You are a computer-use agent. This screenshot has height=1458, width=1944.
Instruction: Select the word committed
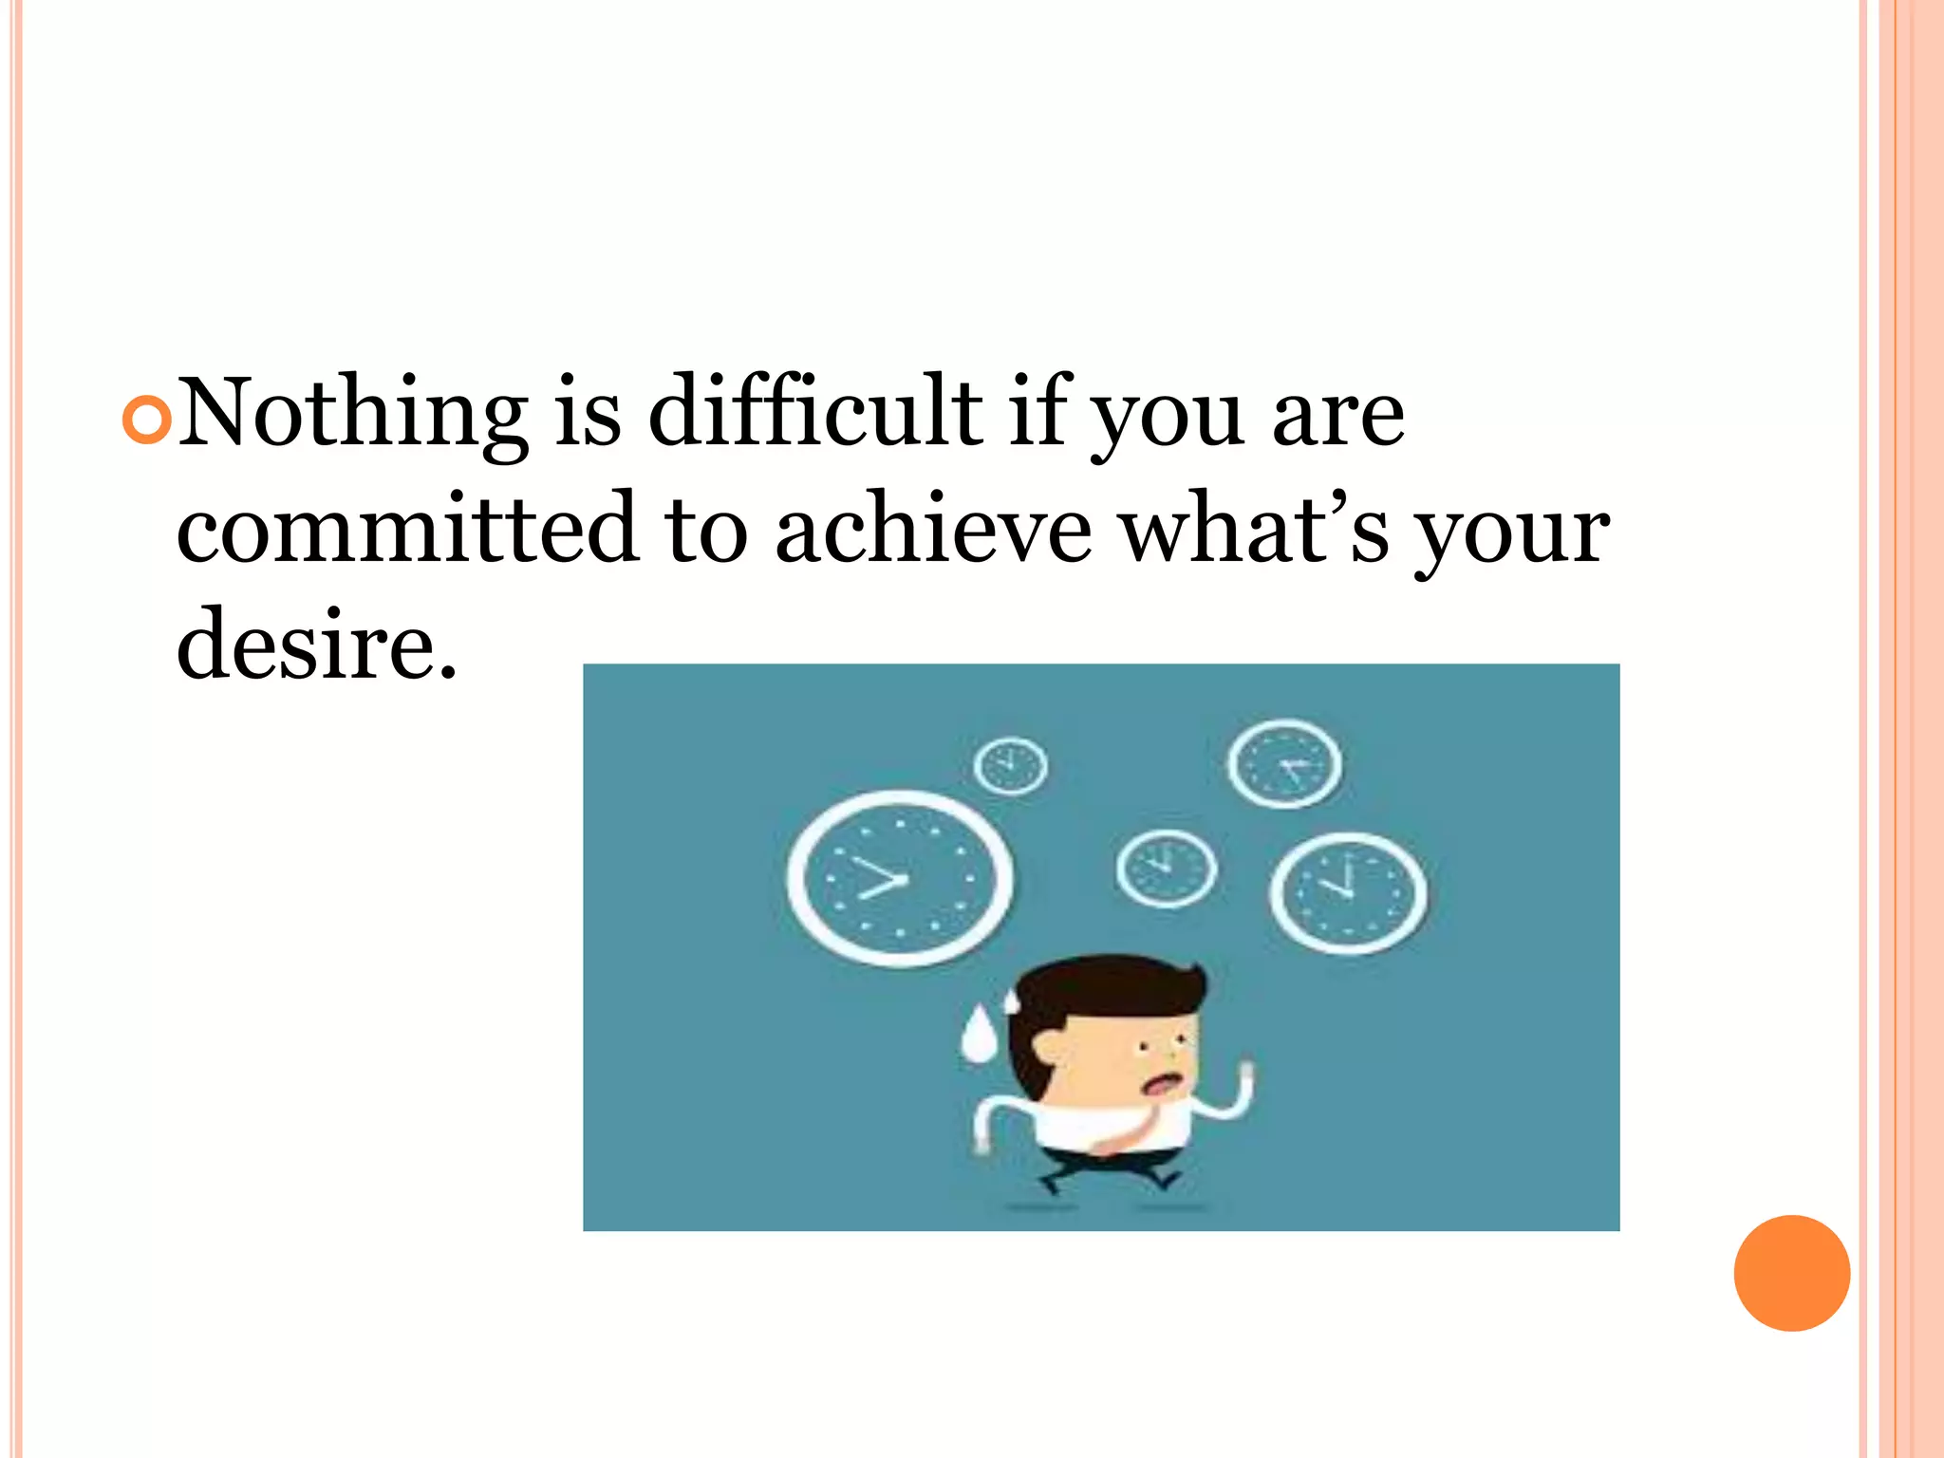[406, 529]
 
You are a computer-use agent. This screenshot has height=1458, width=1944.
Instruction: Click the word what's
[1254, 529]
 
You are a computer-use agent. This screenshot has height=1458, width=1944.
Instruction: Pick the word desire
[316, 645]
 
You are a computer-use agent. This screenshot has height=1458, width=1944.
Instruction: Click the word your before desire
[1512, 533]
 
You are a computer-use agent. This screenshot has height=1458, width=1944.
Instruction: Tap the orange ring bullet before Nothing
[147, 420]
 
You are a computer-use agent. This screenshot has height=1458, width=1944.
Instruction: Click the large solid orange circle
[1791, 1273]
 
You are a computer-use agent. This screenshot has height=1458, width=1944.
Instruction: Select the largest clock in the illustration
[899, 879]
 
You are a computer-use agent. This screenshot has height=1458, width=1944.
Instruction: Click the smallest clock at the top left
[1011, 765]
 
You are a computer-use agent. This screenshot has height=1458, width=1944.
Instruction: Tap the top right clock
[1284, 763]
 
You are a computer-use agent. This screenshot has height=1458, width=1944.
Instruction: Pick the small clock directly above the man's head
[1166, 869]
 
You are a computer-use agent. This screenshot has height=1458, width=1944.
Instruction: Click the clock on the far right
[1348, 892]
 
